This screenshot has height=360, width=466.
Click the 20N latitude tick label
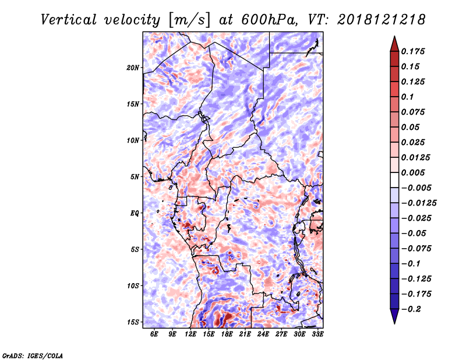pyautogui.click(x=133, y=68)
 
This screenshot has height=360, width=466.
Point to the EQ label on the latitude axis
pyautogui.click(x=135, y=213)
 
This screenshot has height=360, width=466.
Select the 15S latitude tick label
pyautogui.click(x=133, y=322)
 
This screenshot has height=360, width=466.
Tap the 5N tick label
pyautogui.click(x=135, y=177)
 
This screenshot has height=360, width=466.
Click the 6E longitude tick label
pyautogui.click(x=154, y=334)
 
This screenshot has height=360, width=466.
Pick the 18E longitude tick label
pyautogui.click(x=227, y=334)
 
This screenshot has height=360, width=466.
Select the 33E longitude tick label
pyautogui.click(x=317, y=334)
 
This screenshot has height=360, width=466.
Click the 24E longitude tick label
pyautogui.click(x=263, y=334)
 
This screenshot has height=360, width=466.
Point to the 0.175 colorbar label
pyautogui.click(x=413, y=51)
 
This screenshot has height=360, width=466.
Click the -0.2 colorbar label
pyautogui.click(x=411, y=309)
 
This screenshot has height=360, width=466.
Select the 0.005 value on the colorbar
pyautogui.click(x=413, y=172)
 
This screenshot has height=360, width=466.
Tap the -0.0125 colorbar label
pyautogui.click(x=419, y=203)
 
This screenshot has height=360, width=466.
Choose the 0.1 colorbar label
pyautogui.click(x=407, y=97)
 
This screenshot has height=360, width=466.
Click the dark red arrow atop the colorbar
pyautogui.click(x=394, y=44)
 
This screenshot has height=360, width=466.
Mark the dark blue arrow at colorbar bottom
pyautogui.click(x=394, y=316)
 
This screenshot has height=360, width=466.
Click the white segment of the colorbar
pyautogui.click(x=394, y=180)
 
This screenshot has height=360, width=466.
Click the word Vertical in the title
pyautogui.click(x=69, y=20)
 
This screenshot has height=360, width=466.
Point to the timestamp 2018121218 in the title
pyautogui.click(x=382, y=20)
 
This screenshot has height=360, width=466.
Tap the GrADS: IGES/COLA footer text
pyautogui.click(x=33, y=355)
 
